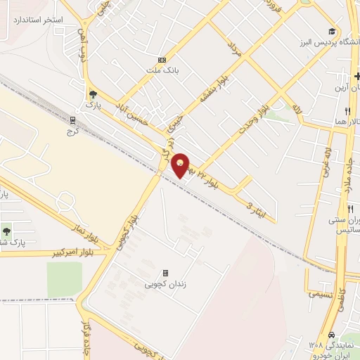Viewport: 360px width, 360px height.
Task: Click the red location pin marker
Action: click(182, 165)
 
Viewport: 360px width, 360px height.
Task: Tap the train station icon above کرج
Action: click(73, 120)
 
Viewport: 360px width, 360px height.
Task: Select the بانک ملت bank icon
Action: click(162, 60)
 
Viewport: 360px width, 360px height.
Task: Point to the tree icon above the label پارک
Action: click(92, 93)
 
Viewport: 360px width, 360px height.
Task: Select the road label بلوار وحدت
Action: click(257, 110)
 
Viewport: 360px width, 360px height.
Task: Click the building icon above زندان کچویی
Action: click(166, 274)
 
